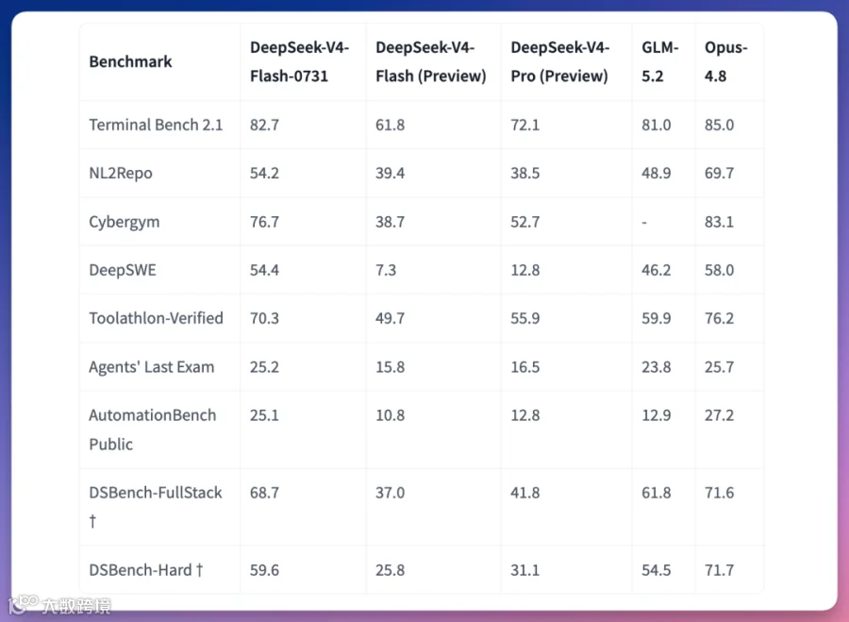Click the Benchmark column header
pyautogui.click(x=130, y=61)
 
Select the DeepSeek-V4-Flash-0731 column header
pyautogui.click(x=299, y=61)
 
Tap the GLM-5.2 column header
pyautogui.click(x=660, y=61)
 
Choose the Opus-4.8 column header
pyautogui.click(x=725, y=61)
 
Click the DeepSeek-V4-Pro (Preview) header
pyautogui.click(x=559, y=61)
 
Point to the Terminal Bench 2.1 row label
pyautogui.click(x=156, y=126)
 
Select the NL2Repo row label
pyautogui.click(x=121, y=174)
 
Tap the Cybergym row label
pyautogui.click(x=125, y=222)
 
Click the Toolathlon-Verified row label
pyautogui.click(x=156, y=318)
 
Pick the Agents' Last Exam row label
pyautogui.click(x=152, y=367)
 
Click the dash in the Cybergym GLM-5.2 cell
pyautogui.click(x=644, y=222)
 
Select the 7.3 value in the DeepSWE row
pyautogui.click(x=386, y=270)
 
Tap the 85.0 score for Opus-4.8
pyautogui.click(x=719, y=126)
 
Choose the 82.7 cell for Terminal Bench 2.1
pyautogui.click(x=264, y=126)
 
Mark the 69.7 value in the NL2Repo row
pyautogui.click(x=719, y=174)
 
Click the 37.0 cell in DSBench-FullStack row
pyautogui.click(x=390, y=493)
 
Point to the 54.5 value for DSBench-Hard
pyautogui.click(x=657, y=570)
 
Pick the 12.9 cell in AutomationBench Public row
pyautogui.click(x=657, y=415)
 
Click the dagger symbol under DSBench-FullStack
pyautogui.click(x=93, y=521)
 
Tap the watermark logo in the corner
pyautogui.click(x=24, y=604)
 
